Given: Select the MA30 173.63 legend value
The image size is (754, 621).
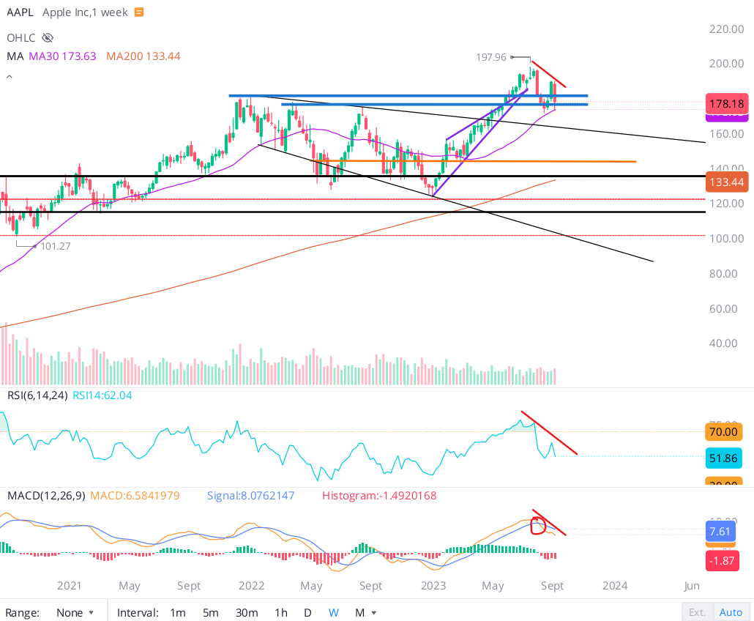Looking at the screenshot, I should click(62, 56).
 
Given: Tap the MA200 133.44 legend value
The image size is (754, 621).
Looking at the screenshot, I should click(143, 56).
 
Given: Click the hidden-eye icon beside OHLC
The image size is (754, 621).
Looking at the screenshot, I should click(48, 37).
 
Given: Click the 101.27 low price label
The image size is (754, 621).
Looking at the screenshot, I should click(55, 246).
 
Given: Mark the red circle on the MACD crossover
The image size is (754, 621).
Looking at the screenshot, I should click(538, 525).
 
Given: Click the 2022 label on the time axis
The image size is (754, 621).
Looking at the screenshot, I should click(251, 586).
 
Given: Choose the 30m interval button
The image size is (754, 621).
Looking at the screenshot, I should click(247, 612).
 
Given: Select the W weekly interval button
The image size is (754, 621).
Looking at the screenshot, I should click(333, 612).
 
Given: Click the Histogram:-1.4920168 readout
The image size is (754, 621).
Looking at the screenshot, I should click(379, 496).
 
